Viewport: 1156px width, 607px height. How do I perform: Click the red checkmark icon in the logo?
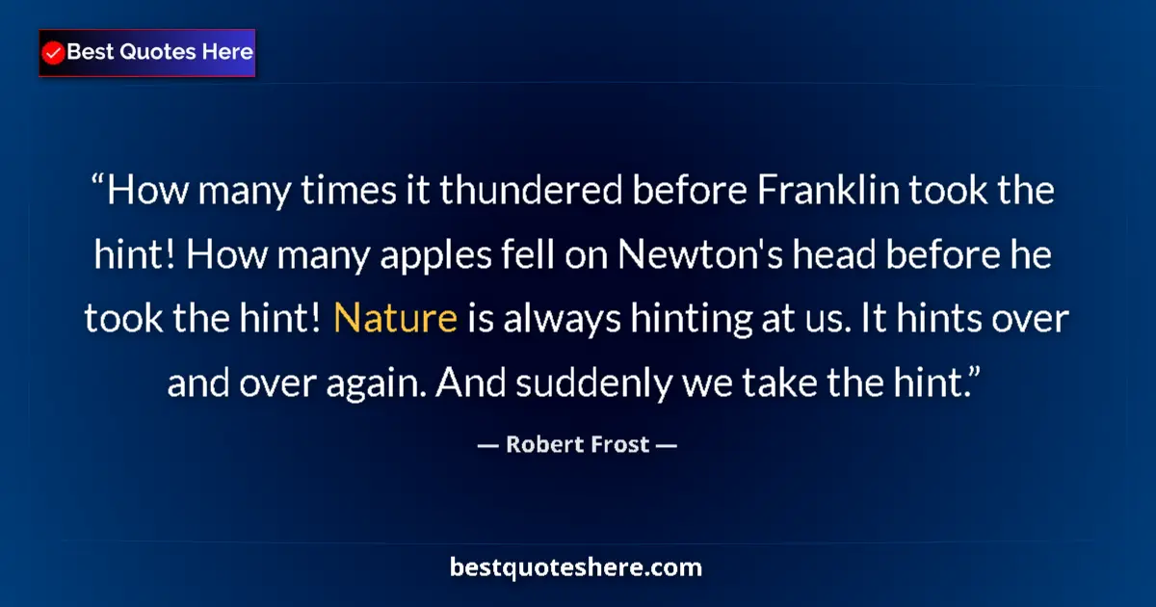click(x=54, y=53)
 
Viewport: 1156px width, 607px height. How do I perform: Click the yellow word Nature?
click(x=395, y=319)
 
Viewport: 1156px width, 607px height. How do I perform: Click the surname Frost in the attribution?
click(x=617, y=445)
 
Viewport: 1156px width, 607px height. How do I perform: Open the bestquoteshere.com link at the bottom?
click(x=576, y=567)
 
